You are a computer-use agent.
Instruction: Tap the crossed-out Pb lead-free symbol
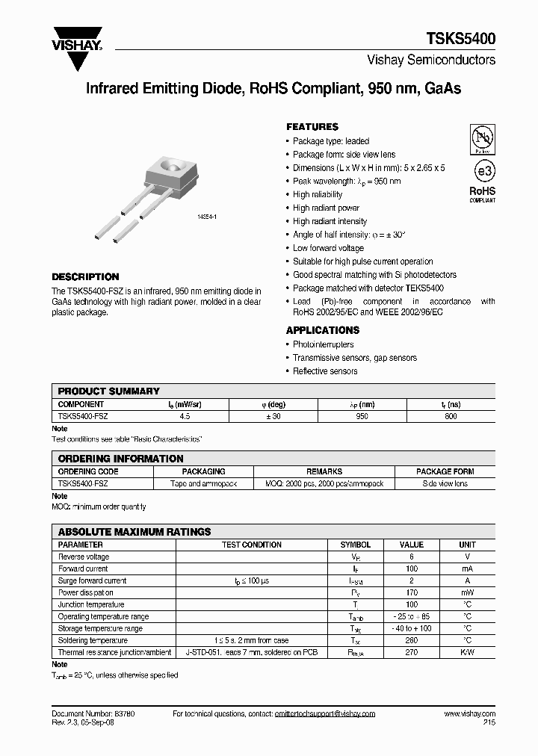click(482, 139)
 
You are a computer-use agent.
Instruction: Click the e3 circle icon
click(482, 170)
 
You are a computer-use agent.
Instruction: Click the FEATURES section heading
click(312, 127)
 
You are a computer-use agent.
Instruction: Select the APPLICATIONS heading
click(323, 330)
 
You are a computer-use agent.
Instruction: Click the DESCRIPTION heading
click(85, 276)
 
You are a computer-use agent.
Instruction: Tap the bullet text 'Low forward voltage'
click(328, 248)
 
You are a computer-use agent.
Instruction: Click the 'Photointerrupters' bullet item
click(323, 344)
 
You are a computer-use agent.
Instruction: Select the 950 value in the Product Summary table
click(362, 416)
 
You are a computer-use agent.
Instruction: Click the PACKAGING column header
click(203, 471)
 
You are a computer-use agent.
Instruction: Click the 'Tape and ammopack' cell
click(203, 484)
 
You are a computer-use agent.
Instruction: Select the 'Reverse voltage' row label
click(84, 557)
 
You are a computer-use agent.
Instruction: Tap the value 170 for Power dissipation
click(412, 592)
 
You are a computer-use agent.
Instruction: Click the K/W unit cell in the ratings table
click(467, 652)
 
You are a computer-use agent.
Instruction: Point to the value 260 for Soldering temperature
click(412, 640)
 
